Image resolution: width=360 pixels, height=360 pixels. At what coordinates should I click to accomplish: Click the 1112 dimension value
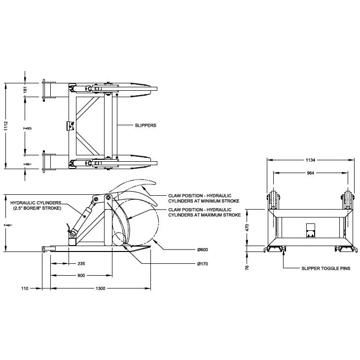5,126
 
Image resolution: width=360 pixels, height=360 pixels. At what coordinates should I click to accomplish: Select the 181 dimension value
25,89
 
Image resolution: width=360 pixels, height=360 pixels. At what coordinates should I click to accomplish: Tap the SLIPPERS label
145,125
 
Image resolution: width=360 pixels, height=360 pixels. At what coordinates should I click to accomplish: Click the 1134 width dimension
310,160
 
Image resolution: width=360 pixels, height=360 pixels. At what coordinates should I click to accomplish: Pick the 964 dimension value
310,173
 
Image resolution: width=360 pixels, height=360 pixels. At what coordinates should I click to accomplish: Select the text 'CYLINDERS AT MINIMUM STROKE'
203,201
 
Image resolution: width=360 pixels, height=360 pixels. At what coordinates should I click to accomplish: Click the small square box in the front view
310,229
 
